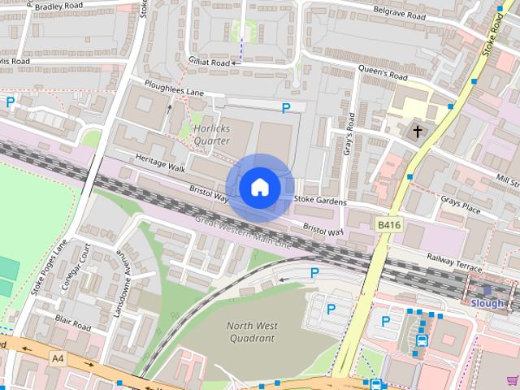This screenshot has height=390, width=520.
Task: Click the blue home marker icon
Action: pos(259,188)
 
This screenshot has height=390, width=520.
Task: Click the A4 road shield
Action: pos(57,357)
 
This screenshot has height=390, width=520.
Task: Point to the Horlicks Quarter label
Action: pos(212,134)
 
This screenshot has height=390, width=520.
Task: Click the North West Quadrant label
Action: pos(251,331)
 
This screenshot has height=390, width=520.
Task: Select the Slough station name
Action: pos(487,303)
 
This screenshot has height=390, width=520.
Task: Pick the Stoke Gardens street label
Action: pos(320,200)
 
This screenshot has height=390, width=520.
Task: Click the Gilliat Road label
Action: pos(210,62)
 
